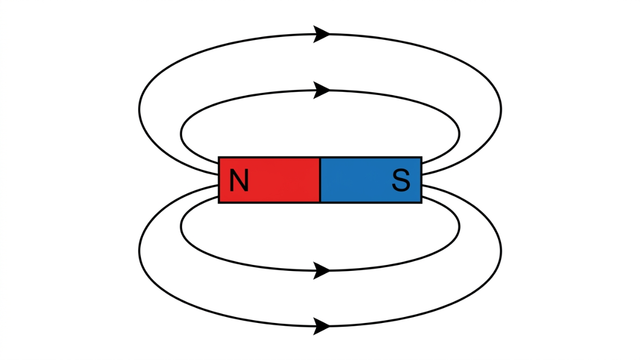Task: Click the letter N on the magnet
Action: pos(238,180)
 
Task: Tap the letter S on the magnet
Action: pos(401,180)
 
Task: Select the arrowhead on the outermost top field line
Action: pos(321,34)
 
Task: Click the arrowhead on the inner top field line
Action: pos(321,90)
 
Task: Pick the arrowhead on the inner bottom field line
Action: pos(321,270)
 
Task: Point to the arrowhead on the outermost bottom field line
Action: pos(321,326)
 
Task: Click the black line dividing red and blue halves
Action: pos(320,180)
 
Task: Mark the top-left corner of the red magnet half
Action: pos(219,158)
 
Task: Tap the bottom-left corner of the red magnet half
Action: pos(219,202)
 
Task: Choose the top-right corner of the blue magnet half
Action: pos(422,158)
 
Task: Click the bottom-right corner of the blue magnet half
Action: pos(422,202)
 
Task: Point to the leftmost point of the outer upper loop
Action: pos(139,108)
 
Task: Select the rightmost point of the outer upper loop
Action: pos(501,108)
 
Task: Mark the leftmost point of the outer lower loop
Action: pos(139,252)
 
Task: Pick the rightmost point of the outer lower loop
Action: pos(501,252)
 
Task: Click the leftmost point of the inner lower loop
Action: pos(181,226)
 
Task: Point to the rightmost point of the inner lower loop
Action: pos(459,226)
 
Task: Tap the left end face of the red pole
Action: pos(219,180)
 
